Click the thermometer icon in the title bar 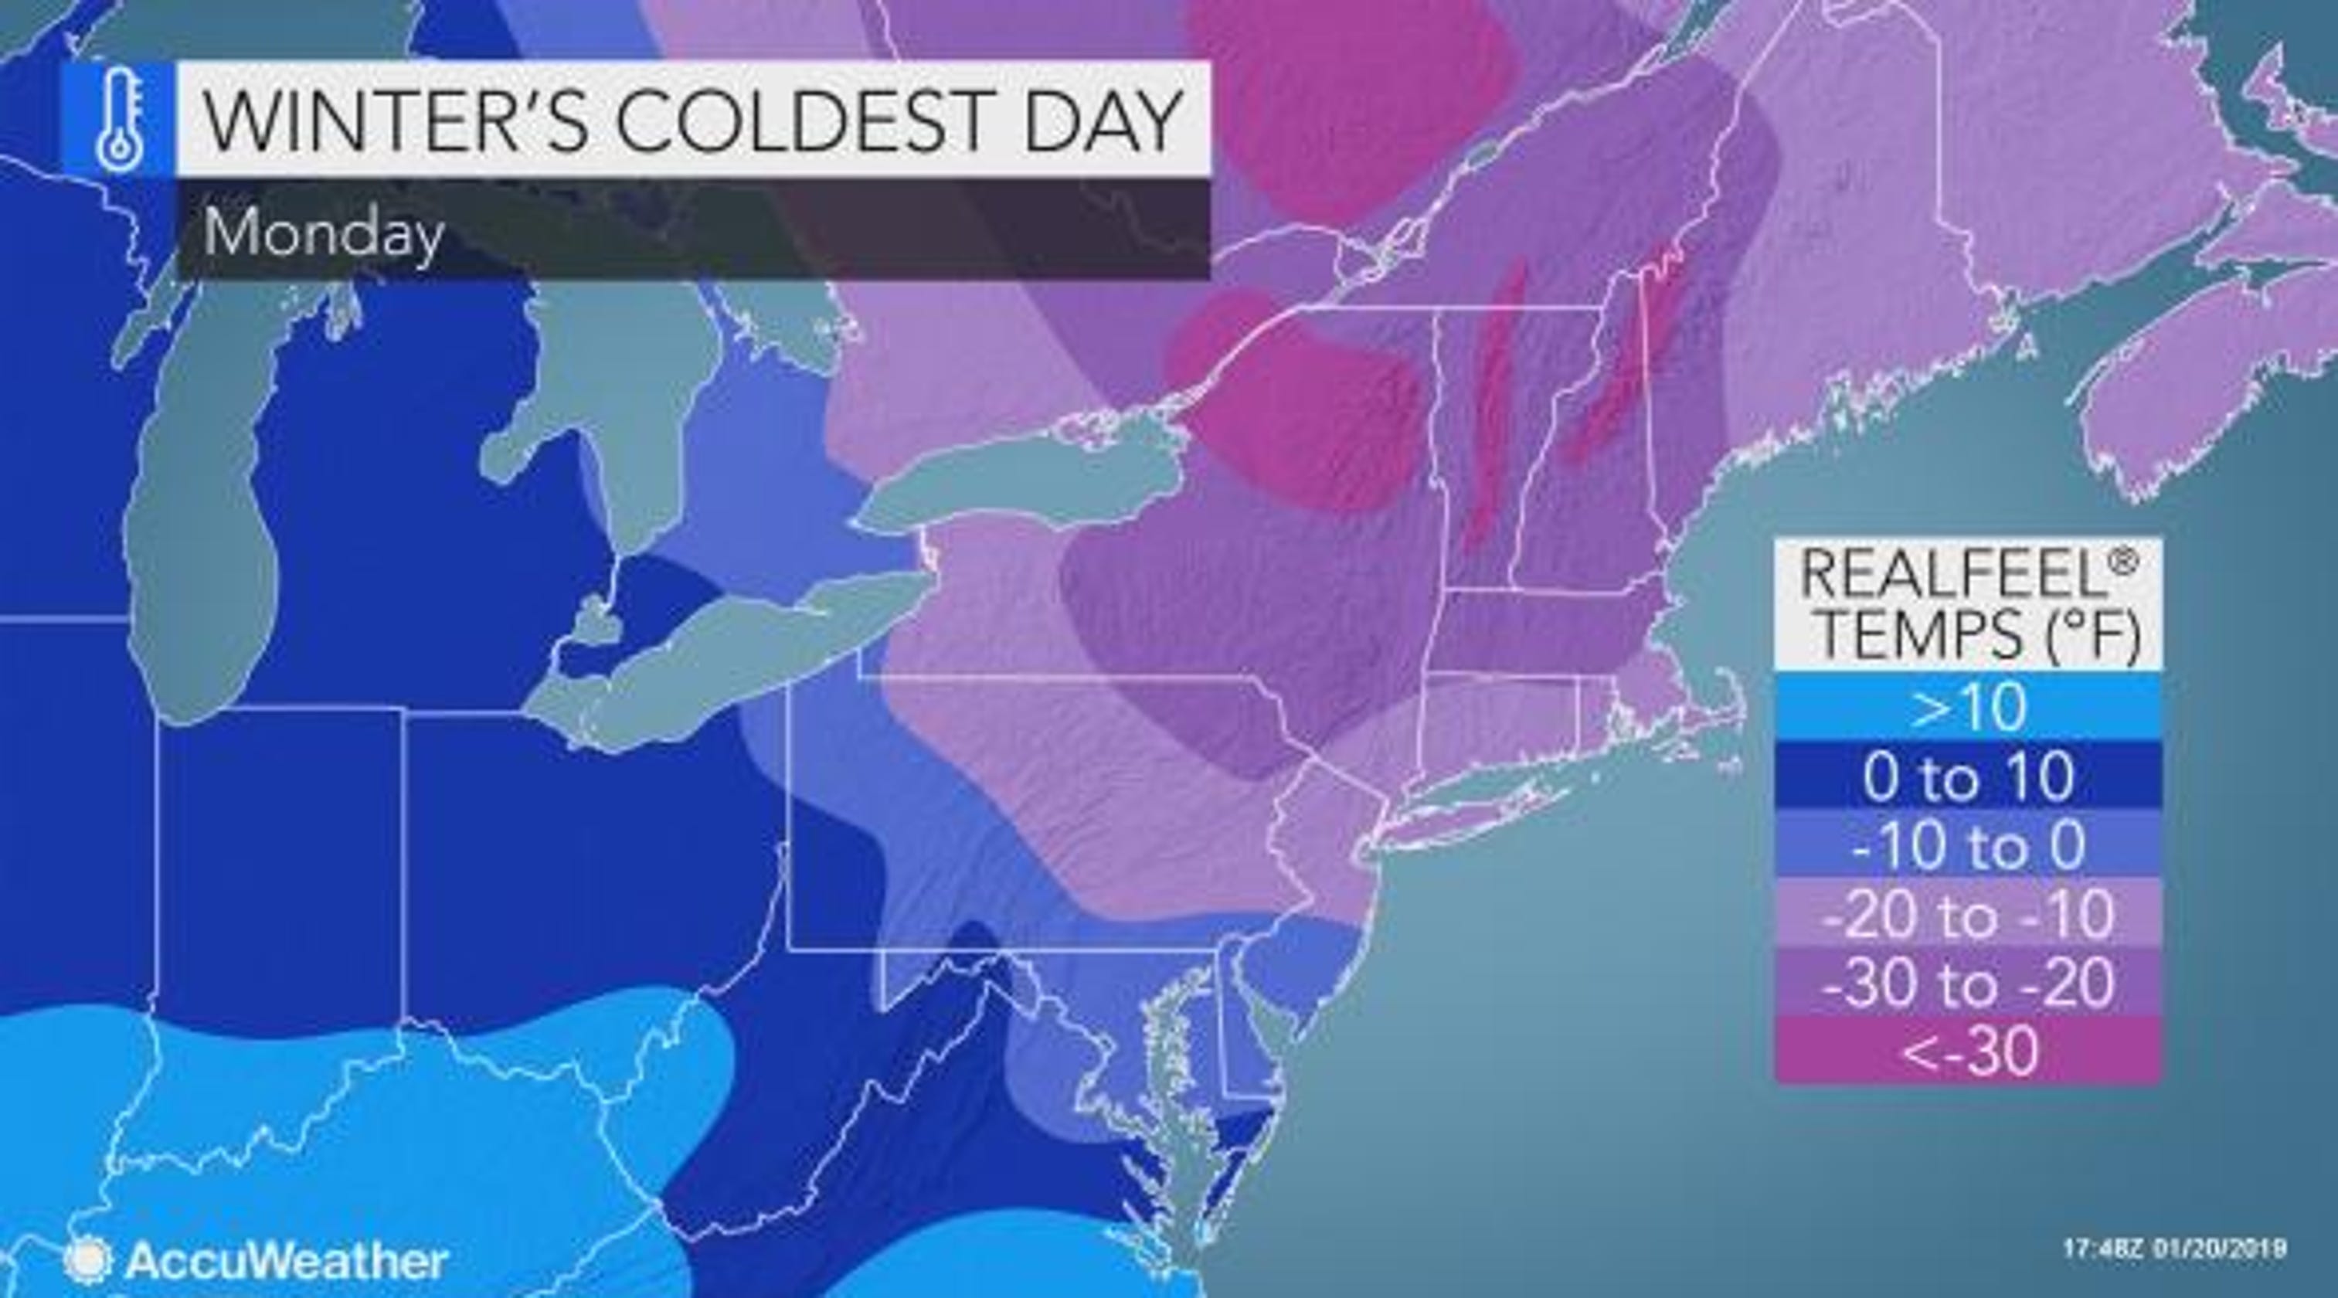coord(118,118)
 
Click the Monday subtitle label coord(323,233)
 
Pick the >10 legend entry coord(1968,707)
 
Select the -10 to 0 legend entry coord(1968,845)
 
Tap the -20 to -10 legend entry coord(1968,914)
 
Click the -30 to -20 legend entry coord(1968,983)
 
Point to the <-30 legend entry coord(1968,1051)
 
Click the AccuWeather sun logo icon coord(88,1260)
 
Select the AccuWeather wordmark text coord(287,1261)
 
